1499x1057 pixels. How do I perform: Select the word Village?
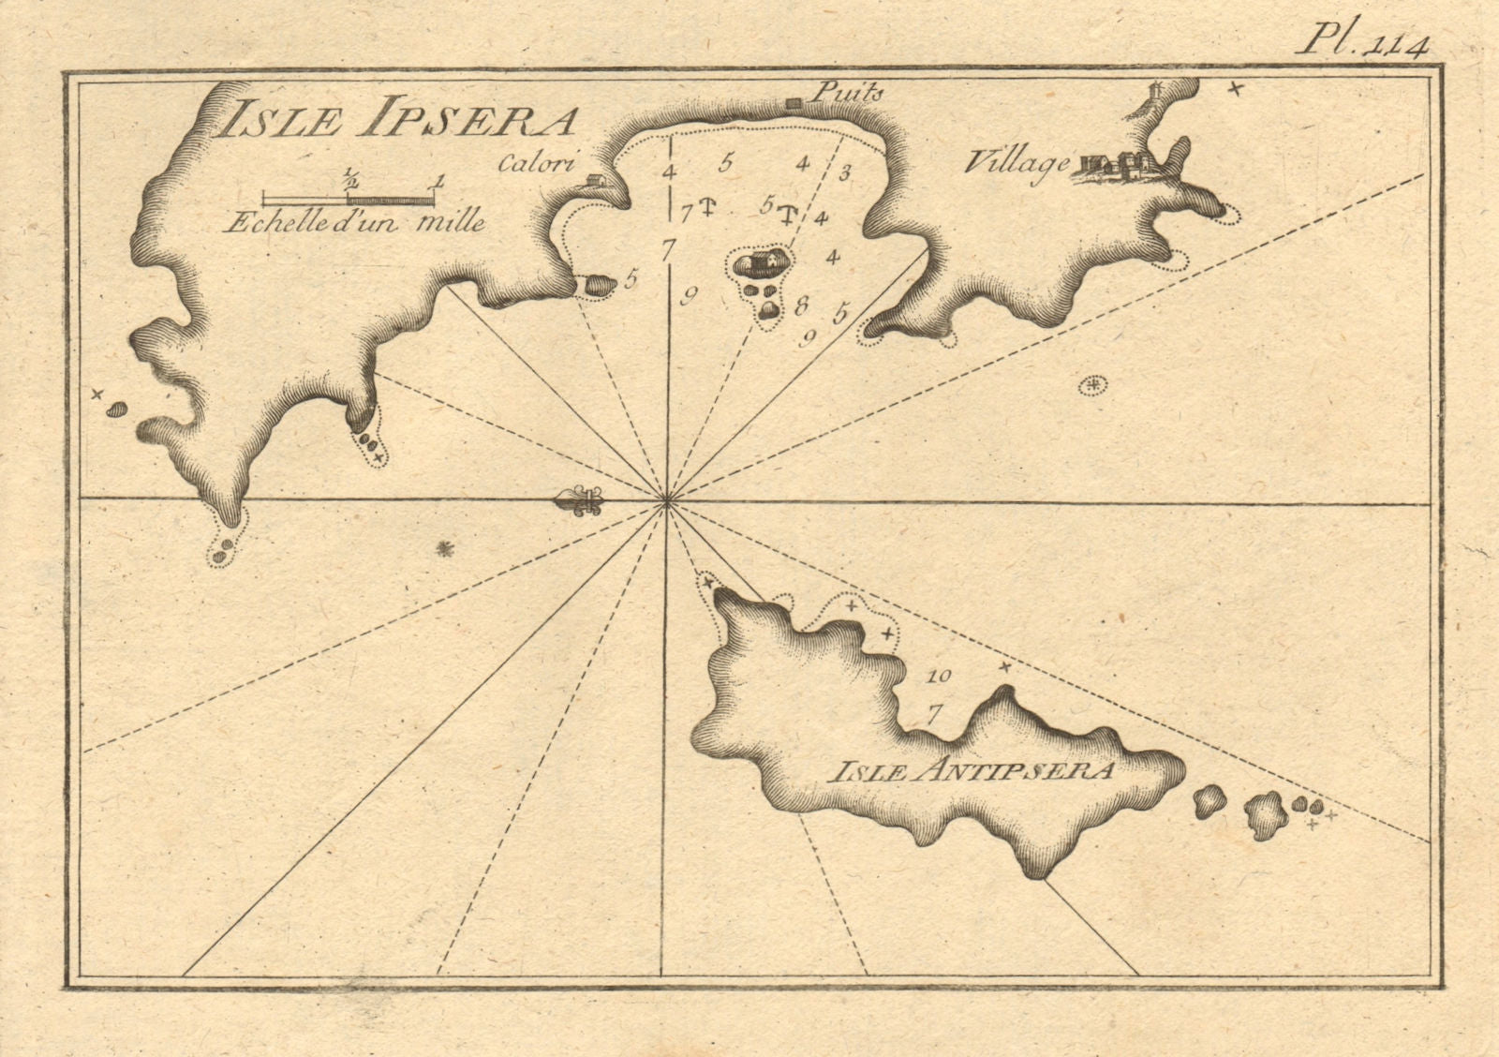(1016, 163)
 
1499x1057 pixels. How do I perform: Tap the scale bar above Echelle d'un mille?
(348, 198)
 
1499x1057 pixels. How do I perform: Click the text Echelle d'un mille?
(354, 223)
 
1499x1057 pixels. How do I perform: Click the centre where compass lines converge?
(666, 502)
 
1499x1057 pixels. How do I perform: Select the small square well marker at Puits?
(793, 102)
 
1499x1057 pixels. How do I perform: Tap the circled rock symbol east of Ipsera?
(1091, 383)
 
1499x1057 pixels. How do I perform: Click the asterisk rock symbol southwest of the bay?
(445, 548)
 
